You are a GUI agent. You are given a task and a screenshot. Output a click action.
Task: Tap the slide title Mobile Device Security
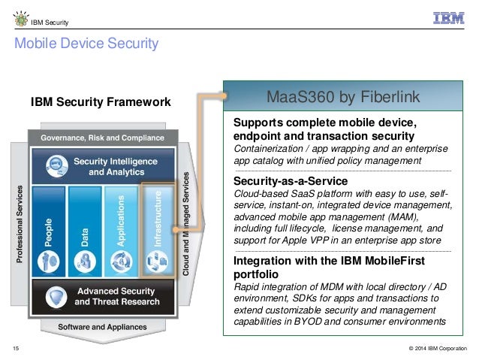(86, 44)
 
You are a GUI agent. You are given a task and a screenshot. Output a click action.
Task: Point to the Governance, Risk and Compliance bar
(102, 138)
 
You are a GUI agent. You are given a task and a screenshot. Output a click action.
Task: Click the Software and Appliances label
(102, 327)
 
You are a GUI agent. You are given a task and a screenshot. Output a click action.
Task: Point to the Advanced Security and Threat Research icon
(54, 297)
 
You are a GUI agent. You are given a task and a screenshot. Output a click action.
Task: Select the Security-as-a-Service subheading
(291, 180)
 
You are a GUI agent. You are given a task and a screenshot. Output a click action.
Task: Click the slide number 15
(17, 347)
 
